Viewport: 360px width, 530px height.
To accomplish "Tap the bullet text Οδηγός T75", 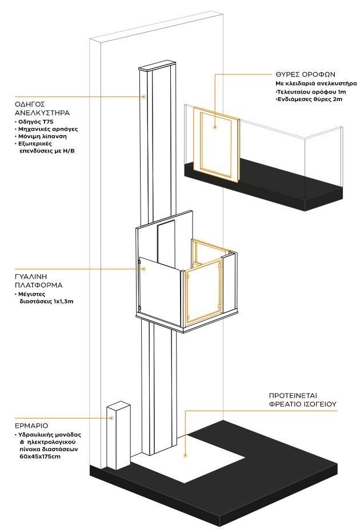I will pos(33,122).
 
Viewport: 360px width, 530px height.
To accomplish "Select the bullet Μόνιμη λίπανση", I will pos(38,137).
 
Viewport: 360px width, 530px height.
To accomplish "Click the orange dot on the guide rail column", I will pos(143,97).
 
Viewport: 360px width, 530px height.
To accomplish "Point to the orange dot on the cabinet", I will pos(112,418).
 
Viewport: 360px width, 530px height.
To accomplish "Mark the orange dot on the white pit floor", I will pos(185,456).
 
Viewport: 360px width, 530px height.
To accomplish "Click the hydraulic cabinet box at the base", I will pos(118,437).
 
